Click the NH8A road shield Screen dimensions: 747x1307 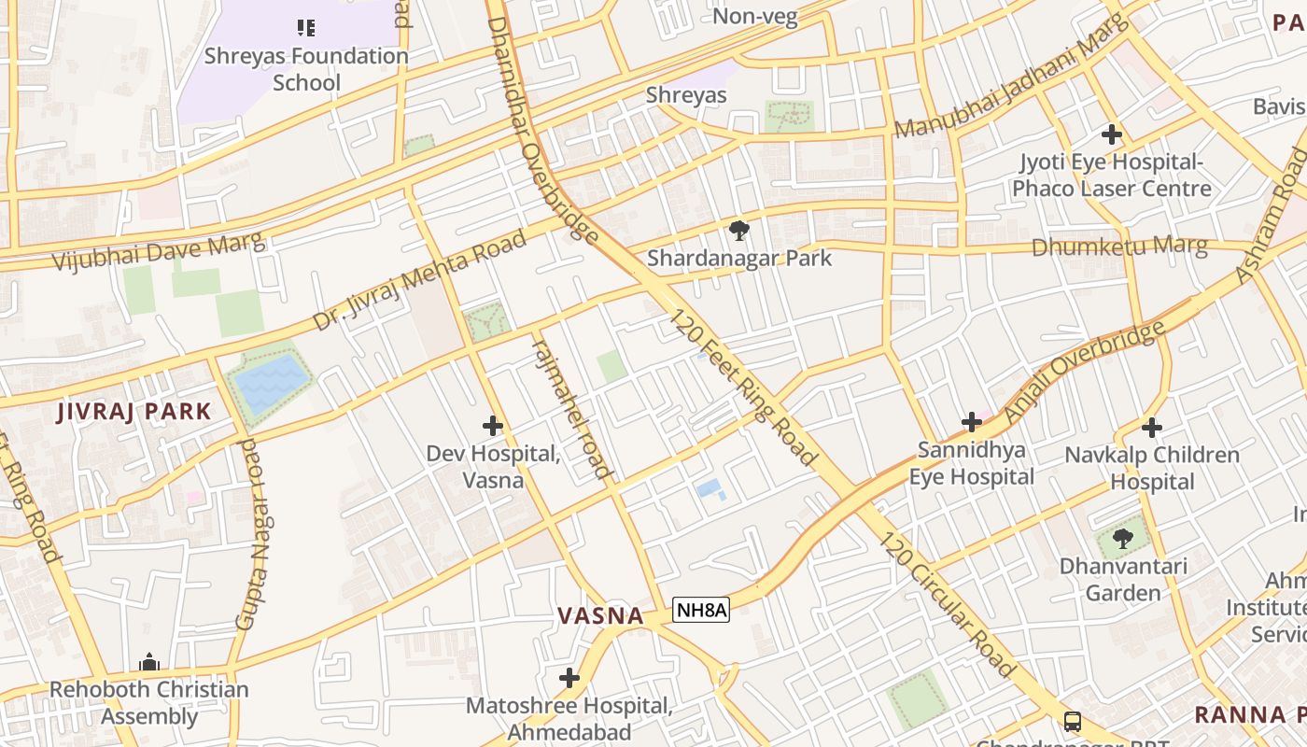coord(701,610)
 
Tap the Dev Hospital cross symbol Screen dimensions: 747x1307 coord(493,427)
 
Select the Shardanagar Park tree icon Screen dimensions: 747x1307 coord(738,230)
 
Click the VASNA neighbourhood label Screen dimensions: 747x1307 coord(601,616)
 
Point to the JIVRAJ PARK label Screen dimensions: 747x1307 coord(134,411)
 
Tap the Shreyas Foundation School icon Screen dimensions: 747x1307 coord(306,28)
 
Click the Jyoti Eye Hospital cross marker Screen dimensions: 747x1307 coord(1111,134)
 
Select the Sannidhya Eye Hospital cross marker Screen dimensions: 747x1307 coord(972,422)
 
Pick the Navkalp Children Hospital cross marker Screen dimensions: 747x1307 coord(1152,428)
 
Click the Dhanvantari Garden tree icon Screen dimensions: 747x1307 coord(1123,538)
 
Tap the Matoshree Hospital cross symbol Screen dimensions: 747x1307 coord(569,678)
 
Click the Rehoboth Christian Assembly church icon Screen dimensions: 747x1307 coord(149,663)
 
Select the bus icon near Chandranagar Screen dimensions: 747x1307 coord(1073,722)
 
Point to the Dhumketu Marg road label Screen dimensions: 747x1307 coord(1119,247)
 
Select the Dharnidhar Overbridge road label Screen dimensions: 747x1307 coord(541,131)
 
